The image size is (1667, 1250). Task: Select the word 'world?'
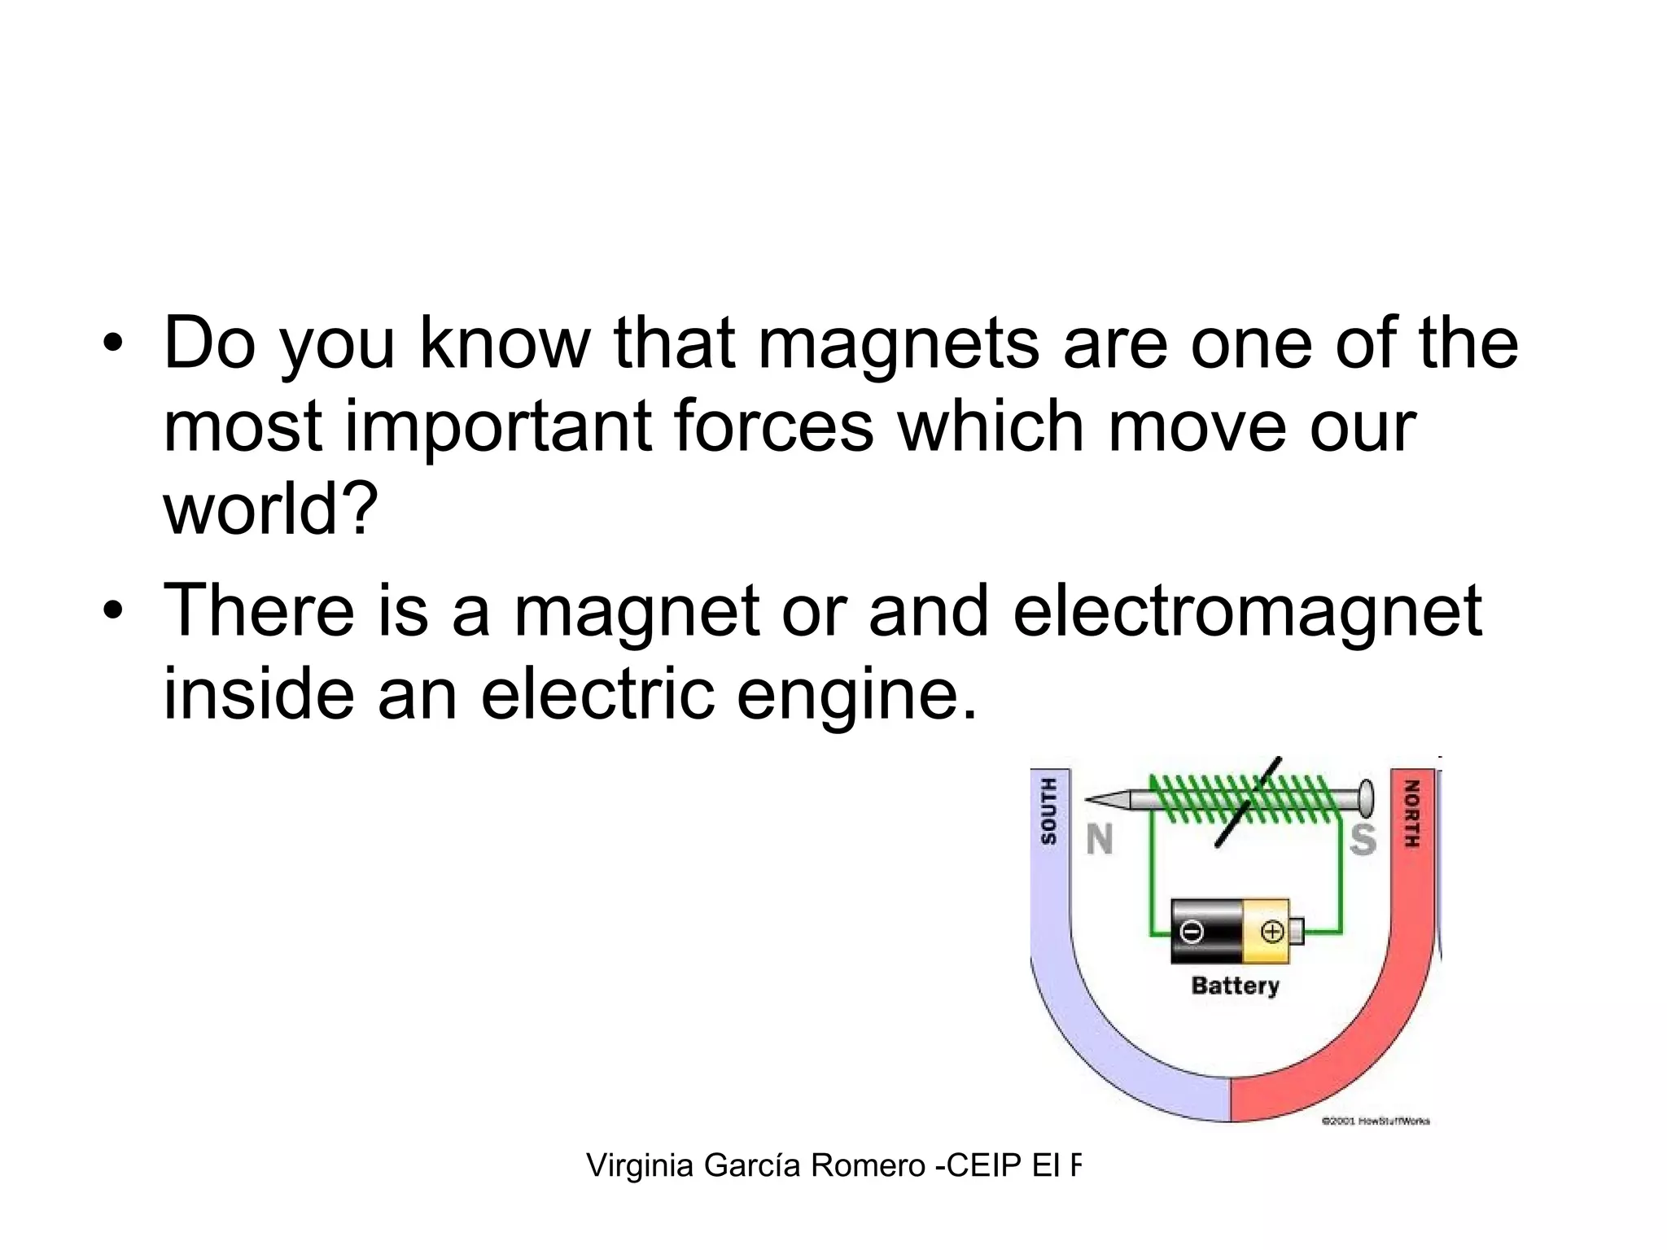[271, 508]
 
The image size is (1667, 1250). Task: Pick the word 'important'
[499, 428]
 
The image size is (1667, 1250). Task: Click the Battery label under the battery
[1235, 986]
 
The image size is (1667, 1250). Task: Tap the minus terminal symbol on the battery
[1191, 931]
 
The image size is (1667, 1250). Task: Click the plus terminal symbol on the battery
[1271, 931]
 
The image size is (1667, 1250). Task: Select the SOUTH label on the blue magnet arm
[1049, 811]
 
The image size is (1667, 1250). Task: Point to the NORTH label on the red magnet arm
[1412, 814]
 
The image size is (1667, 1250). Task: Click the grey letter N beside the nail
[1100, 840]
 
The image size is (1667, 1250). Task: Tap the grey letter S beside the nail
[1363, 840]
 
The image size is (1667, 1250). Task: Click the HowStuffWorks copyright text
[1375, 1121]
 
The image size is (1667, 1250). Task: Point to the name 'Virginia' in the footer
[640, 1166]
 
